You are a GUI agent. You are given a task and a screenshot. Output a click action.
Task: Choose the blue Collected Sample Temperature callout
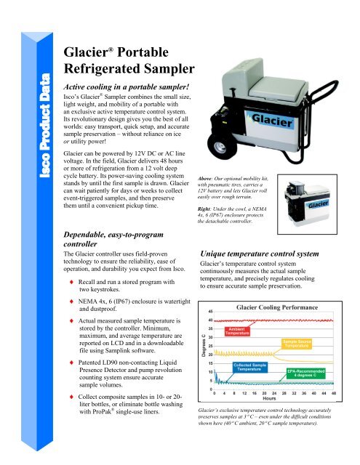pyautogui.click(x=249, y=365)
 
